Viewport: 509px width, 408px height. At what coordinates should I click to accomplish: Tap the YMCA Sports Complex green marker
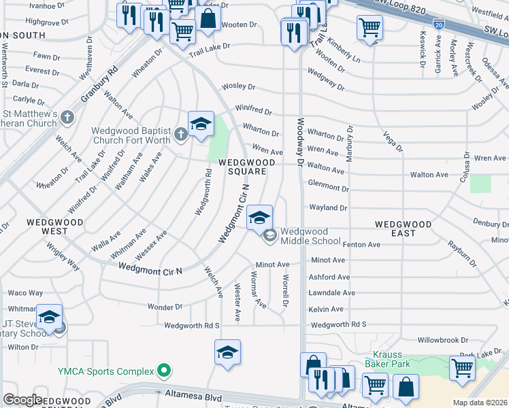pyautogui.click(x=163, y=371)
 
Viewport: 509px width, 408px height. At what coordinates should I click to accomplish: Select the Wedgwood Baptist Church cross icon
pyautogui.click(x=181, y=133)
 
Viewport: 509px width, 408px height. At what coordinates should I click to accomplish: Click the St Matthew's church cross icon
pyautogui.click(x=67, y=117)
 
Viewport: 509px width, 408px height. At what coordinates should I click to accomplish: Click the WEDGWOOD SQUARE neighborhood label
pyautogui.click(x=246, y=167)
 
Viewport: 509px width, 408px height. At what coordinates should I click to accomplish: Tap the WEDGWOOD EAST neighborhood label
pyautogui.click(x=404, y=228)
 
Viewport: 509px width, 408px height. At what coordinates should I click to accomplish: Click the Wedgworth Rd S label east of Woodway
pyautogui.click(x=338, y=325)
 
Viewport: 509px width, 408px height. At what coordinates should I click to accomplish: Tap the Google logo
pyautogui.click(x=22, y=400)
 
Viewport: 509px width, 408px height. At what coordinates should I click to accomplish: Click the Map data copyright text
pyautogui.click(x=480, y=403)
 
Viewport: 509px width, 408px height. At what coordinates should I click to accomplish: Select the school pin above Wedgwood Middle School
pyautogui.click(x=259, y=218)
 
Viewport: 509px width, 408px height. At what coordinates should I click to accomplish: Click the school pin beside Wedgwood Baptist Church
pyautogui.click(x=201, y=124)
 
